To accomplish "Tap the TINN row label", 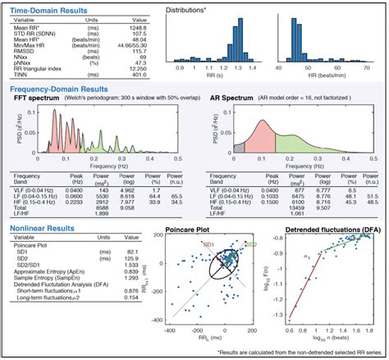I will tap(24, 75).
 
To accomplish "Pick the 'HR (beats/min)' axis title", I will tap(327, 79).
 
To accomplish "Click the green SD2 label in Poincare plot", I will tap(251, 244).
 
